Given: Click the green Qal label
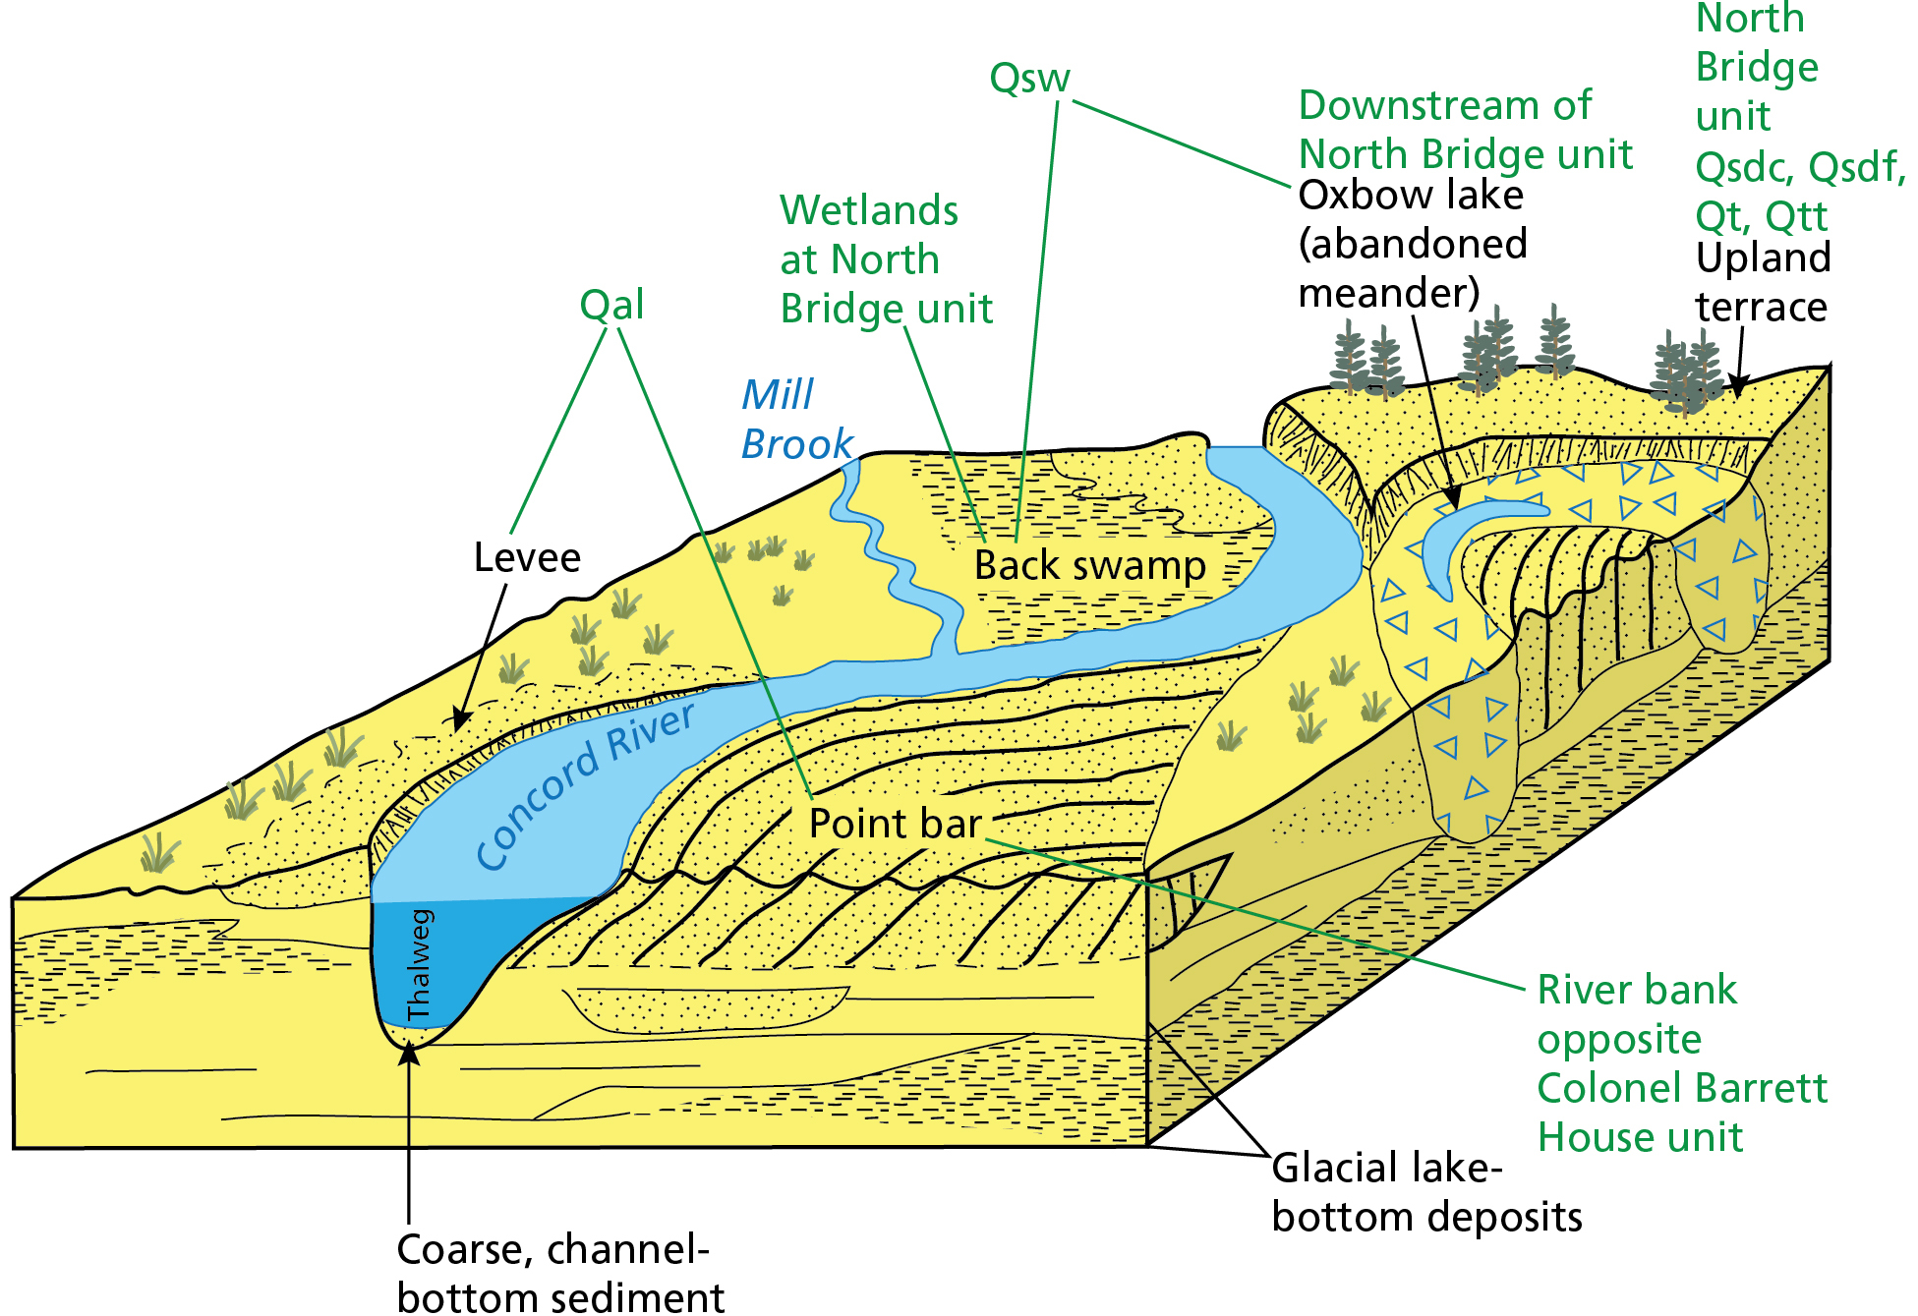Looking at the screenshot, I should click(x=611, y=305).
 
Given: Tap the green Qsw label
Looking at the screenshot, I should click(x=1029, y=78).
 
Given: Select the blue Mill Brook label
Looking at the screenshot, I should click(x=796, y=420).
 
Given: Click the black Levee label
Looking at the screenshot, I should click(x=527, y=558).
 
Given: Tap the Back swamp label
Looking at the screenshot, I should click(x=1089, y=566).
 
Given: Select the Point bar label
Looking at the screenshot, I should click(x=895, y=824).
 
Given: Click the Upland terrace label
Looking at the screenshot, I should click(x=1762, y=282).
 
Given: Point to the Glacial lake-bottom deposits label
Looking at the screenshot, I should click(x=1425, y=1192).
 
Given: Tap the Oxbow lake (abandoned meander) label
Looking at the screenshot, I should click(x=1413, y=244).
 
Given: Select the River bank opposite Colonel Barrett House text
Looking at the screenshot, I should click(x=1681, y=1062).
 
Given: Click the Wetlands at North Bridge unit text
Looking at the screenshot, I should click(x=885, y=259).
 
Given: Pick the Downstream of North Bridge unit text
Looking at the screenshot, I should click(x=1465, y=130).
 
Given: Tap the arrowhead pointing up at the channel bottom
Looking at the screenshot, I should click(x=409, y=1055).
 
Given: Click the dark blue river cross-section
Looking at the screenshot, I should click(x=442, y=958).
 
